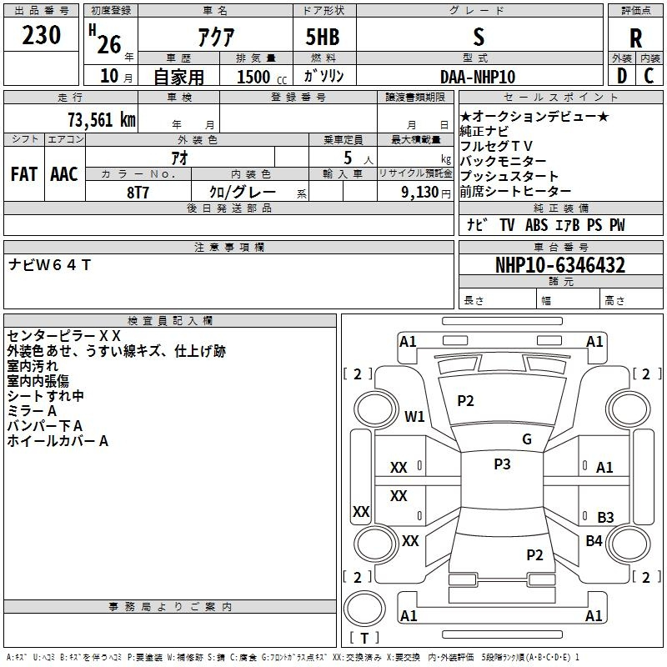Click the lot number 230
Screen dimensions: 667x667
pos(42,36)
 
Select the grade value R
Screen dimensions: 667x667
pos(636,38)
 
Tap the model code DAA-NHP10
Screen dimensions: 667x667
pos(478,77)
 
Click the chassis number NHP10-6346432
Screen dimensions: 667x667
pos(560,265)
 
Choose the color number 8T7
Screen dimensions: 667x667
pos(138,191)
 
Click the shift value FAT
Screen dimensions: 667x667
pos(23,173)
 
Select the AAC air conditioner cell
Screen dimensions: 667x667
pos(64,173)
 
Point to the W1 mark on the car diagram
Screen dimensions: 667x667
pos(414,416)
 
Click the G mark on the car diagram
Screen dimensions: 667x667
pos(527,439)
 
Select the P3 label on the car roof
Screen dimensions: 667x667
pos(502,464)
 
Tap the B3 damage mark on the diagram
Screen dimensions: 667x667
pos(605,517)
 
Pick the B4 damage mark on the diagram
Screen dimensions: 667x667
pos(594,541)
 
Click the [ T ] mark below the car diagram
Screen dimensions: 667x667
pos(364,638)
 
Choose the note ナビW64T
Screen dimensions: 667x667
pos(49,265)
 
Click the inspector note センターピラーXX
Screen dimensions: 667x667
pos(63,335)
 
